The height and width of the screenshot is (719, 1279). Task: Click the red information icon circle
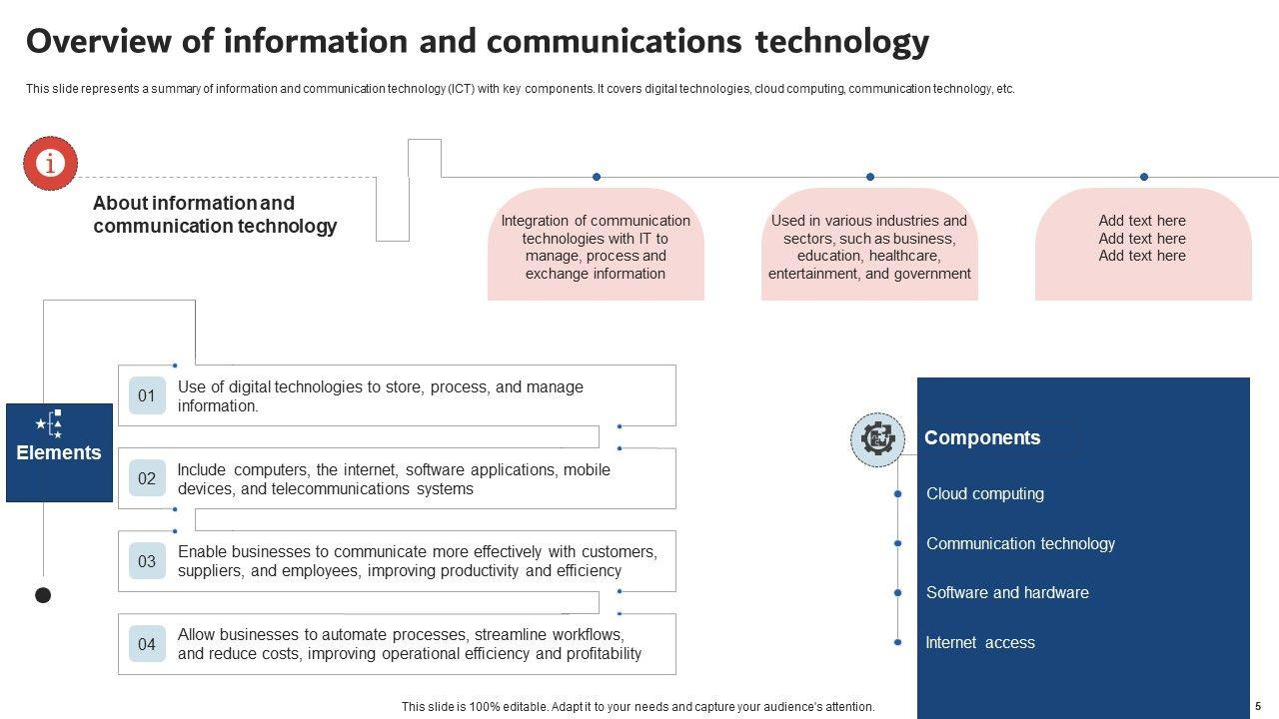tap(50, 163)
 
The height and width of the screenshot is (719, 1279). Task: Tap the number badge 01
tap(147, 395)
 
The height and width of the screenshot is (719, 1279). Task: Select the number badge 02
tap(147, 478)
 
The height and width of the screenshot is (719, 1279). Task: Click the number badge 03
tap(147, 561)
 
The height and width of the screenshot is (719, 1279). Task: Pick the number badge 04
tap(147, 644)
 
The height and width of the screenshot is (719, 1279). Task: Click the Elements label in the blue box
tap(59, 452)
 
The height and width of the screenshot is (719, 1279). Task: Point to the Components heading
tap(982, 437)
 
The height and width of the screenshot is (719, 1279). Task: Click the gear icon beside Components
tap(877, 439)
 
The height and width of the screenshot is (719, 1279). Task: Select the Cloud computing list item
tap(985, 493)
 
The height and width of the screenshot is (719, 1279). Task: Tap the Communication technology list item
tap(1020, 543)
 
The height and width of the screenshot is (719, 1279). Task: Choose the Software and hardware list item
tap(1007, 592)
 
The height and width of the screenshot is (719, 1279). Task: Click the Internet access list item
tap(980, 642)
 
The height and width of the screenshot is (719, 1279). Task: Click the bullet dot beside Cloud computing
tap(897, 493)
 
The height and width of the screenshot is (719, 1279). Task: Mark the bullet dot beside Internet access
tap(897, 642)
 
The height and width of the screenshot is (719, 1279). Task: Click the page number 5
tap(1258, 706)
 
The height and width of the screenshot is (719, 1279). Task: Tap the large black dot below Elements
tap(43, 595)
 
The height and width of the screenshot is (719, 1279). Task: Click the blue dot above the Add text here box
tap(1144, 177)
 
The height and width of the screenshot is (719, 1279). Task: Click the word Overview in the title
tap(99, 41)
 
